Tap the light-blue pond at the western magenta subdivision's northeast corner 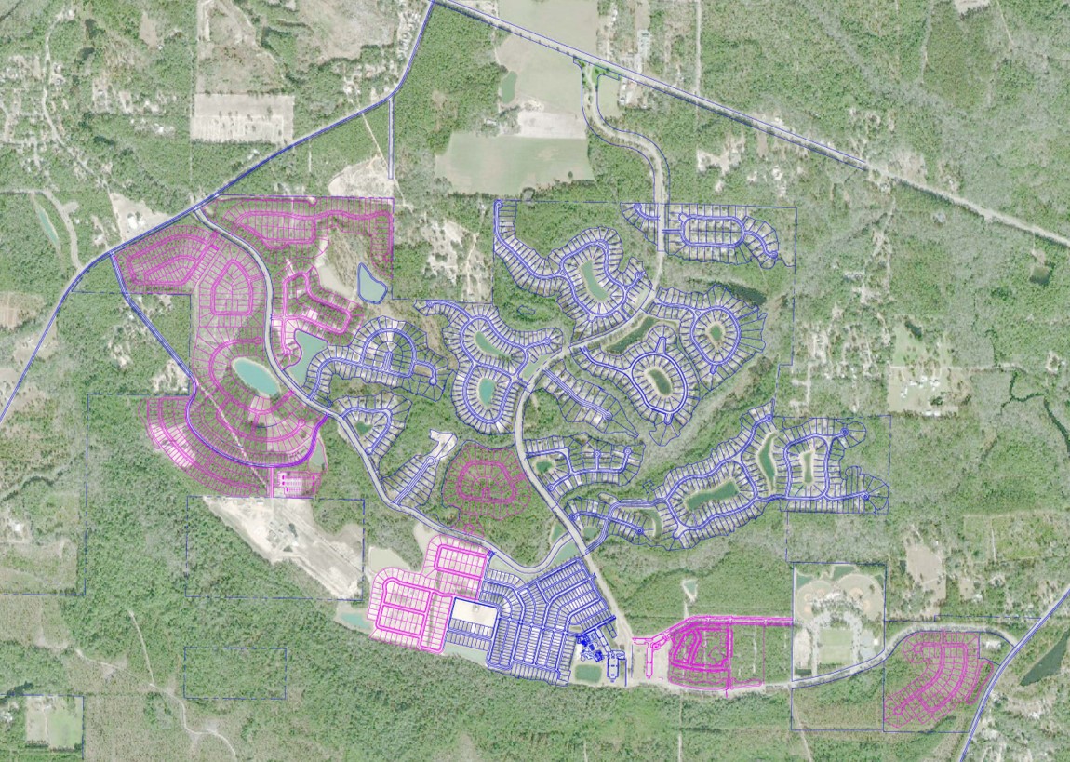click(370, 284)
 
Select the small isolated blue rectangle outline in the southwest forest click(234, 673)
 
